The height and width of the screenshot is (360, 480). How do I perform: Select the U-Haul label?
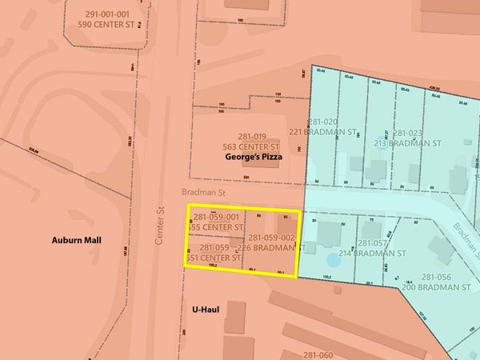206,307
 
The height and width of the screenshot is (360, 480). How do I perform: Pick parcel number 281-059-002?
272,238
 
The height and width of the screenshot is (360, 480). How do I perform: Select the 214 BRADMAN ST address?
374,253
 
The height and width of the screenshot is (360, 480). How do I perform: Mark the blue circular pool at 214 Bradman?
332,261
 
